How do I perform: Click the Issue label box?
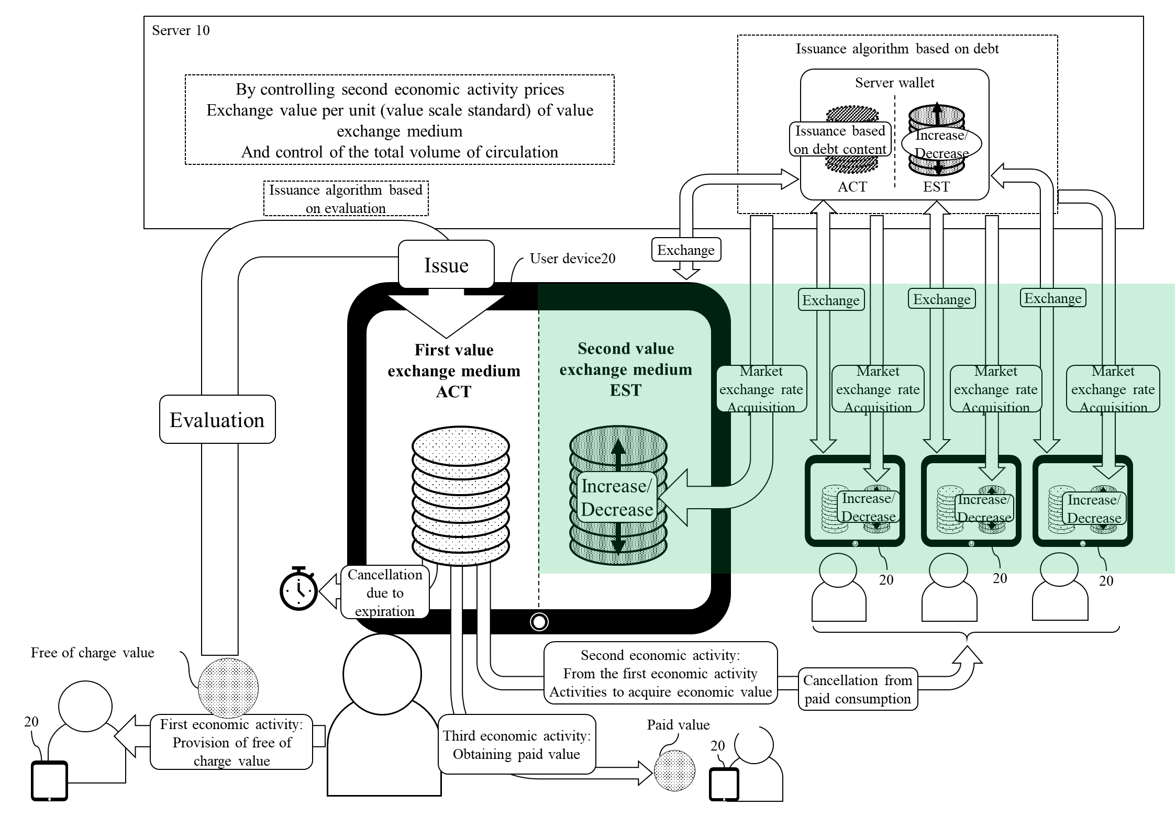(446, 265)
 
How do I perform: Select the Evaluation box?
(217, 420)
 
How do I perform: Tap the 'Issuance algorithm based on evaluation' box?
(346, 199)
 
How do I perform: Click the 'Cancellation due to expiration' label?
(385, 592)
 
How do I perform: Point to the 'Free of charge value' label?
(92, 653)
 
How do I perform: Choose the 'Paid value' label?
(678, 725)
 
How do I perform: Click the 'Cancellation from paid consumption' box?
(858, 689)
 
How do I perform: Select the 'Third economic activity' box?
(517, 745)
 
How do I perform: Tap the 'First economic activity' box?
(231, 742)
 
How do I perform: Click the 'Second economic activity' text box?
(660, 673)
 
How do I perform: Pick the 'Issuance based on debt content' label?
(840, 140)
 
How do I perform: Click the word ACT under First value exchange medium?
(453, 391)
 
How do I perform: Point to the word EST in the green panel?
(625, 390)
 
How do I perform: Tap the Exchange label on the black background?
(685, 250)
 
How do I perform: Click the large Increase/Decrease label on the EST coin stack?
(617, 498)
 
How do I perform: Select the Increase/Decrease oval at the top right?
(941, 144)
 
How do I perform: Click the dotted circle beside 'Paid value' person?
(674, 770)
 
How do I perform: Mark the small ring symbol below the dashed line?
(539, 622)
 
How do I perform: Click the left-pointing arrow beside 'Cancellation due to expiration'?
(330, 591)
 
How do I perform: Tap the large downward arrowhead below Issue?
(446, 314)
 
